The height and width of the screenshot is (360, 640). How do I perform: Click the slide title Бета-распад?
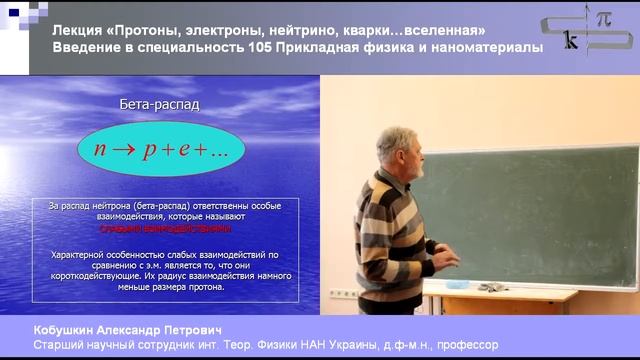tap(160, 103)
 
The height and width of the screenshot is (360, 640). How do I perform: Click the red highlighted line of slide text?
tap(165, 228)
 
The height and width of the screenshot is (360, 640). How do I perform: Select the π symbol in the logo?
tap(603, 19)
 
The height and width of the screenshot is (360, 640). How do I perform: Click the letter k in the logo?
tap(571, 42)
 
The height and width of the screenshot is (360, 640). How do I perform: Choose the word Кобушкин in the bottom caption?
tap(70, 329)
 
